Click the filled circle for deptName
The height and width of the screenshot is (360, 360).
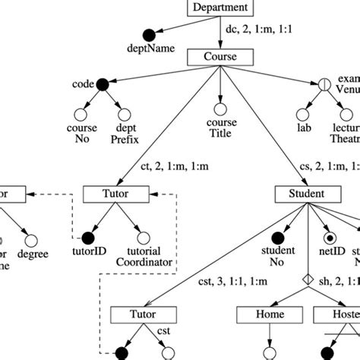[x=153, y=33]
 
